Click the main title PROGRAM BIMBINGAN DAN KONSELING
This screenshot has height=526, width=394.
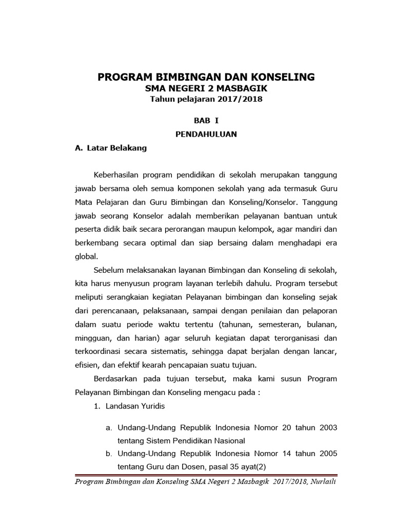coord(206,77)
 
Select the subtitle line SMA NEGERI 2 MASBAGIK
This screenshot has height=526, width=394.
coord(206,89)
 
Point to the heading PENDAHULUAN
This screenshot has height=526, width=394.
coord(206,135)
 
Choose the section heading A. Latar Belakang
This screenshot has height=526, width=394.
coord(111,148)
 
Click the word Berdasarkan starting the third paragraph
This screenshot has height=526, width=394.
coord(117,379)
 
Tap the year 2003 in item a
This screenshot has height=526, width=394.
coord(327,427)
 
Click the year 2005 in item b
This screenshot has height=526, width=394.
coord(327,454)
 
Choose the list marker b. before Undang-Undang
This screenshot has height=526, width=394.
coord(109,454)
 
